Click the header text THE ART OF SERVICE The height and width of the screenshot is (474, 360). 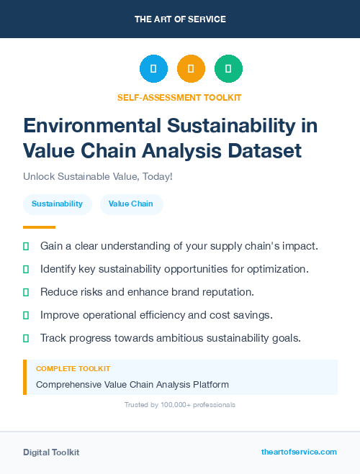pyautogui.click(x=180, y=19)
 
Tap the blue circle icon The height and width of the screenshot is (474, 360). pyautogui.click(x=153, y=69)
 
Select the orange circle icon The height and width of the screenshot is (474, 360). pyautogui.click(x=191, y=69)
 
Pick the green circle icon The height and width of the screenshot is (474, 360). pyautogui.click(x=228, y=69)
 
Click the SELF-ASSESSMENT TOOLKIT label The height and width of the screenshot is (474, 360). pyautogui.click(x=179, y=97)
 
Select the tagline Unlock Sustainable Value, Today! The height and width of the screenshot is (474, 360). pyautogui.click(x=98, y=176)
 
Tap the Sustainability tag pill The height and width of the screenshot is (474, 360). pyautogui.click(x=57, y=204)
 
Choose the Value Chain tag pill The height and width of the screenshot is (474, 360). pyautogui.click(x=131, y=204)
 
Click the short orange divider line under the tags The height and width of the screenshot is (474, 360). pyautogui.click(x=39, y=227)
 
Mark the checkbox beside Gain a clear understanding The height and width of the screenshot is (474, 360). pyautogui.click(x=27, y=246)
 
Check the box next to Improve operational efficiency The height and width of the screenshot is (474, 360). pyautogui.click(x=27, y=315)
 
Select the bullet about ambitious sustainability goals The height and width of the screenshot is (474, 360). pyautogui.click(x=170, y=338)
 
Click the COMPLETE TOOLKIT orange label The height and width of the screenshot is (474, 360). pyautogui.click(x=73, y=368)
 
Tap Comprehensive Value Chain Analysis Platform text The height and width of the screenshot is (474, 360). pyautogui.click(x=132, y=384)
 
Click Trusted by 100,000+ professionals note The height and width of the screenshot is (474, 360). pyautogui.click(x=179, y=405)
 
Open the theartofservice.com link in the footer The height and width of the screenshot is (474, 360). pyautogui.click(x=298, y=452)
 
